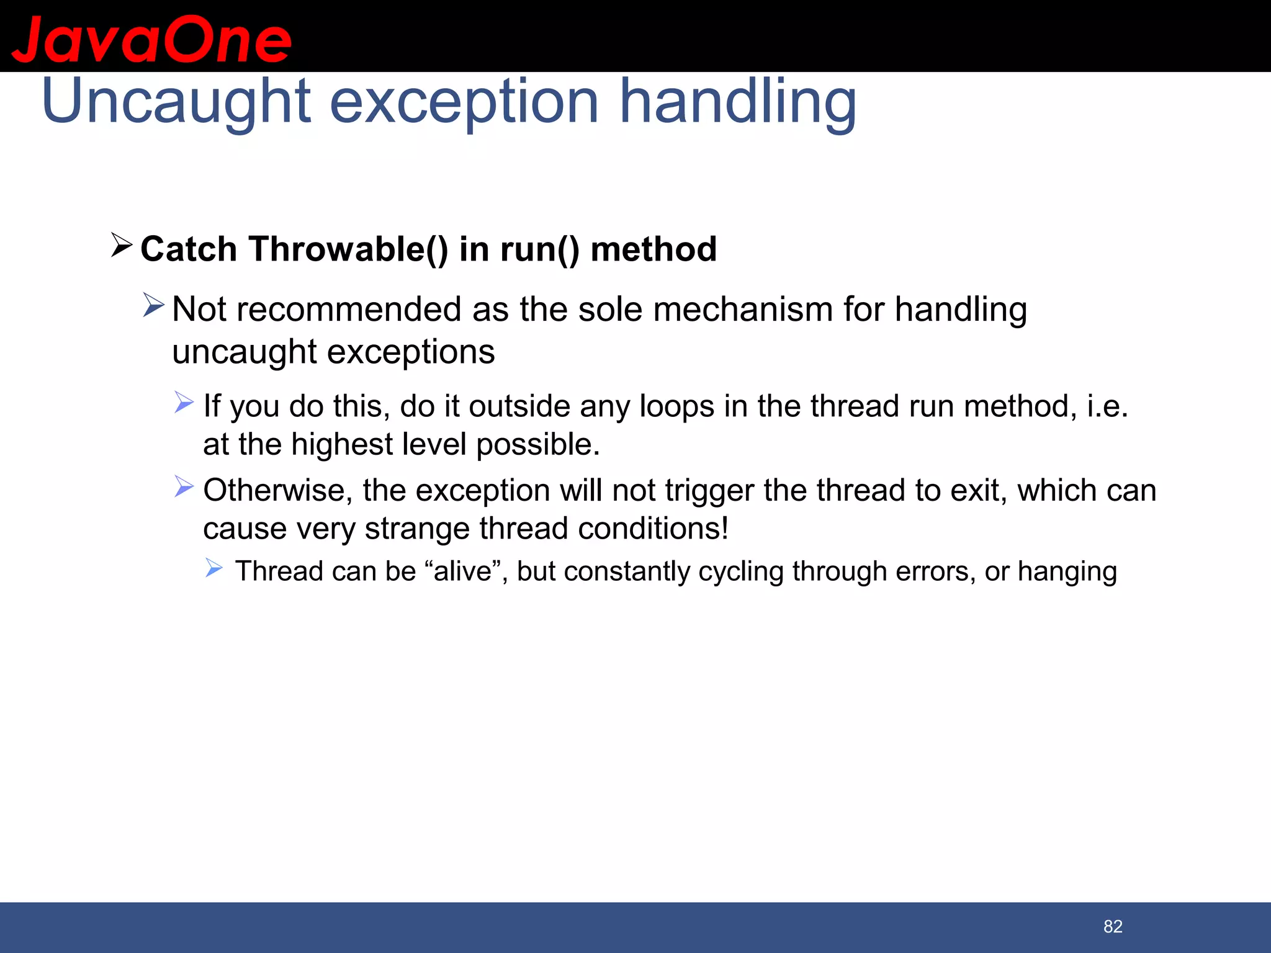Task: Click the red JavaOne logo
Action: tap(151, 40)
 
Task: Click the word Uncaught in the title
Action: tap(175, 102)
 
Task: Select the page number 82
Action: tap(1113, 926)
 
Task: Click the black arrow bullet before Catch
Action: tap(121, 246)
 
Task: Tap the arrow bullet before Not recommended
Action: tap(153, 305)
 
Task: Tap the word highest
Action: tap(341, 445)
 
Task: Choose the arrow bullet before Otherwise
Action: tap(184, 486)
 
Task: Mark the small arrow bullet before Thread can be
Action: tap(214, 568)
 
